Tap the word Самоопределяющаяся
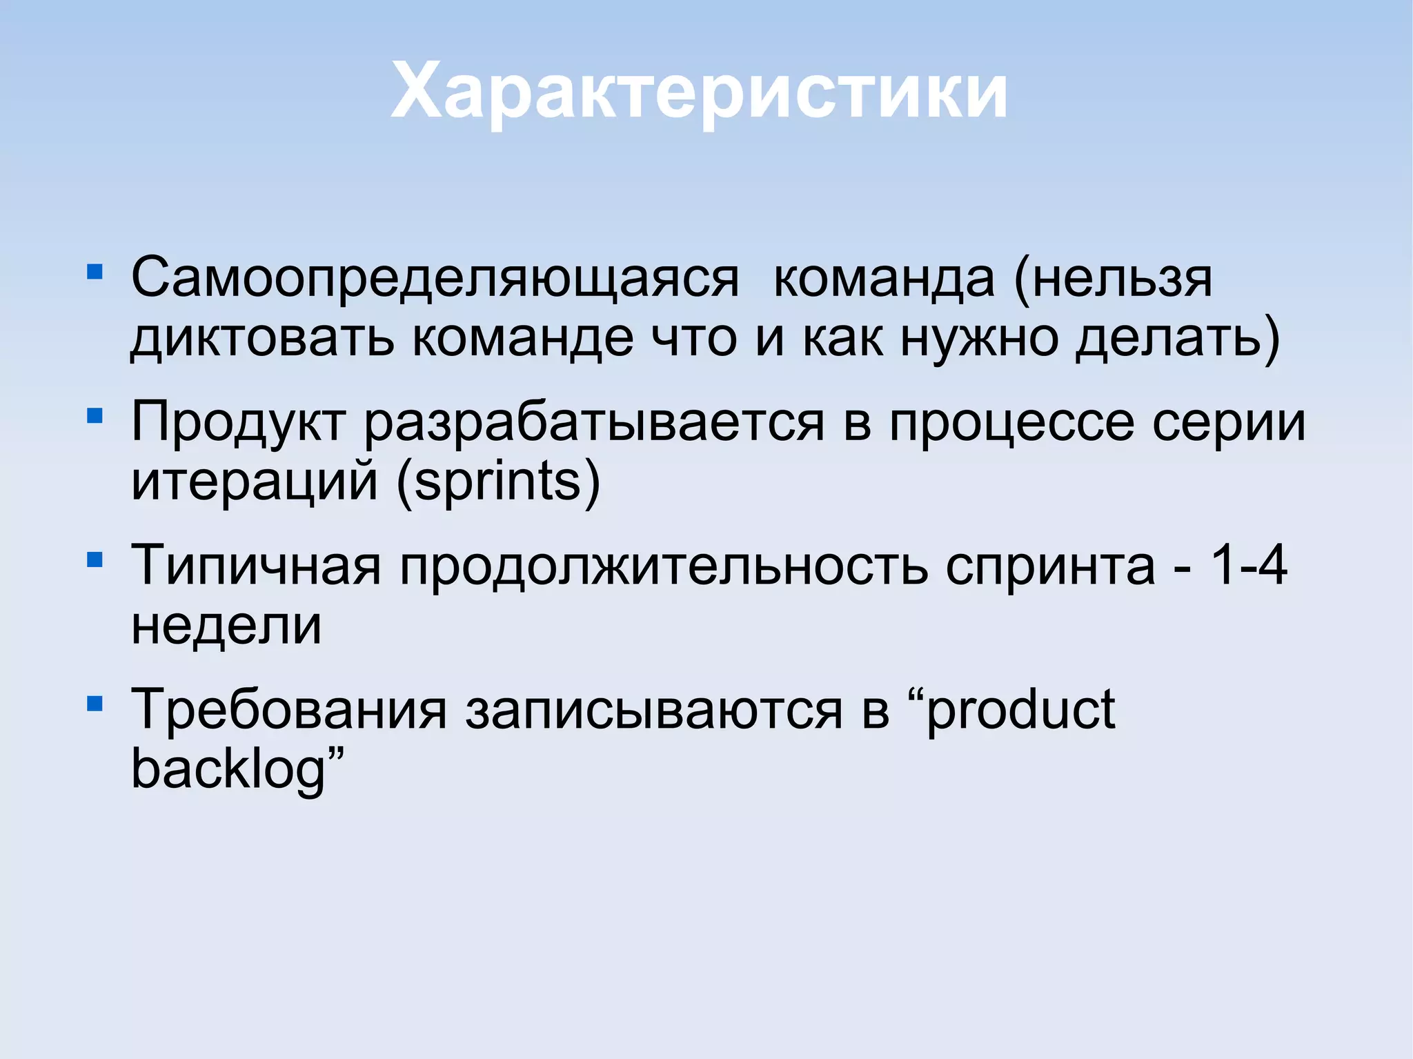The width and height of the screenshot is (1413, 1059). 435,279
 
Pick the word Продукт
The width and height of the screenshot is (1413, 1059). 238,422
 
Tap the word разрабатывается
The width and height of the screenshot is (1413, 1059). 594,422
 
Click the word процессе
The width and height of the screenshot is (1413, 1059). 1011,422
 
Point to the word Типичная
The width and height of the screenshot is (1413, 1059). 256,566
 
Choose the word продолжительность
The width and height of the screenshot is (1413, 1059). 664,566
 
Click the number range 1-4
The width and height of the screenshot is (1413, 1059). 1249,566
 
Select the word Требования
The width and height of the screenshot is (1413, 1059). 289,711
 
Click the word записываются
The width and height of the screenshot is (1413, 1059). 653,711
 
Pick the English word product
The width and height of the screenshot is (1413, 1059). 1020,711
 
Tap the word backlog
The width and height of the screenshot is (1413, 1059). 228,770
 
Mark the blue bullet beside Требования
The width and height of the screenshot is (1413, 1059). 95,704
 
